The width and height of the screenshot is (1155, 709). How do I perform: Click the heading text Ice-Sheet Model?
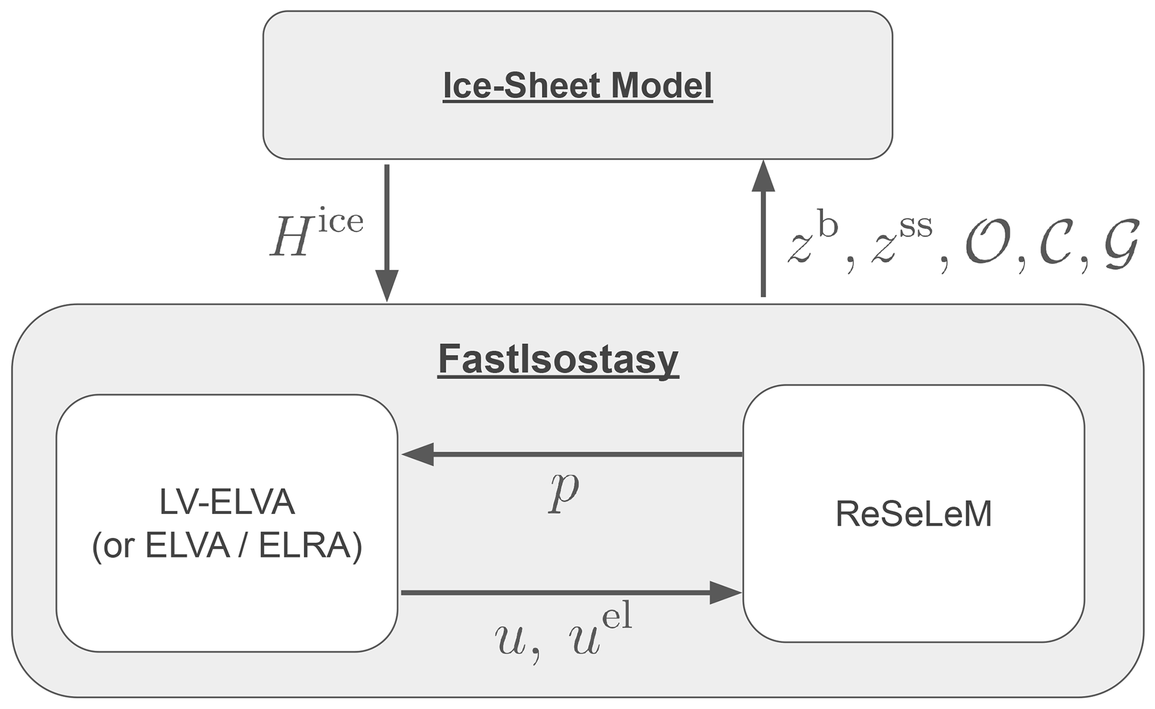click(577, 86)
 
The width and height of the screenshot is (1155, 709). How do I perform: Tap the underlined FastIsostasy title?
click(558, 359)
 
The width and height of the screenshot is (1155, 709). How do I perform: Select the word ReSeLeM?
click(914, 513)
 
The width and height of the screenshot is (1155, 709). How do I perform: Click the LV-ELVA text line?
click(227, 502)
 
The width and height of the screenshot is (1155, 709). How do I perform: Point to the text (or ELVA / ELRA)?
click(227, 546)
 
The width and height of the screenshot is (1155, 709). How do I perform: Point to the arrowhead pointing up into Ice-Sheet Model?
click(763, 177)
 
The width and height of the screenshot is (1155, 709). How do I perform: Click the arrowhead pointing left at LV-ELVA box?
click(417, 454)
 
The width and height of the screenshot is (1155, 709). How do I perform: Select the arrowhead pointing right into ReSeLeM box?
click(725, 592)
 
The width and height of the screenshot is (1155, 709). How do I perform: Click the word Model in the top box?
click(662, 86)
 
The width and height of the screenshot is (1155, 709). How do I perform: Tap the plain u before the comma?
click(510, 640)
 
